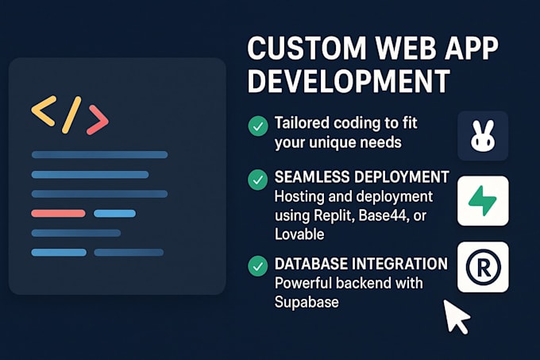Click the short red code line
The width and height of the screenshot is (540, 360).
pos(58,213)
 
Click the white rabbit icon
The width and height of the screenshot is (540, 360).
pos(483,137)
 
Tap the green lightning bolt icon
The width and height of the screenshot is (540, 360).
pos(483,201)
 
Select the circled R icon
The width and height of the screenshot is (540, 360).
pos(483,267)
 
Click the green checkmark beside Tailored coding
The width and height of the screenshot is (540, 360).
pos(257,126)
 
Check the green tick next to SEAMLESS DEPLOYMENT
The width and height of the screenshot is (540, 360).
pos(257,180)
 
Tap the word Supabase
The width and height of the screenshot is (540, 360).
pos(306,303)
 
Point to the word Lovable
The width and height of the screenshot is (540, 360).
pos(301,234)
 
